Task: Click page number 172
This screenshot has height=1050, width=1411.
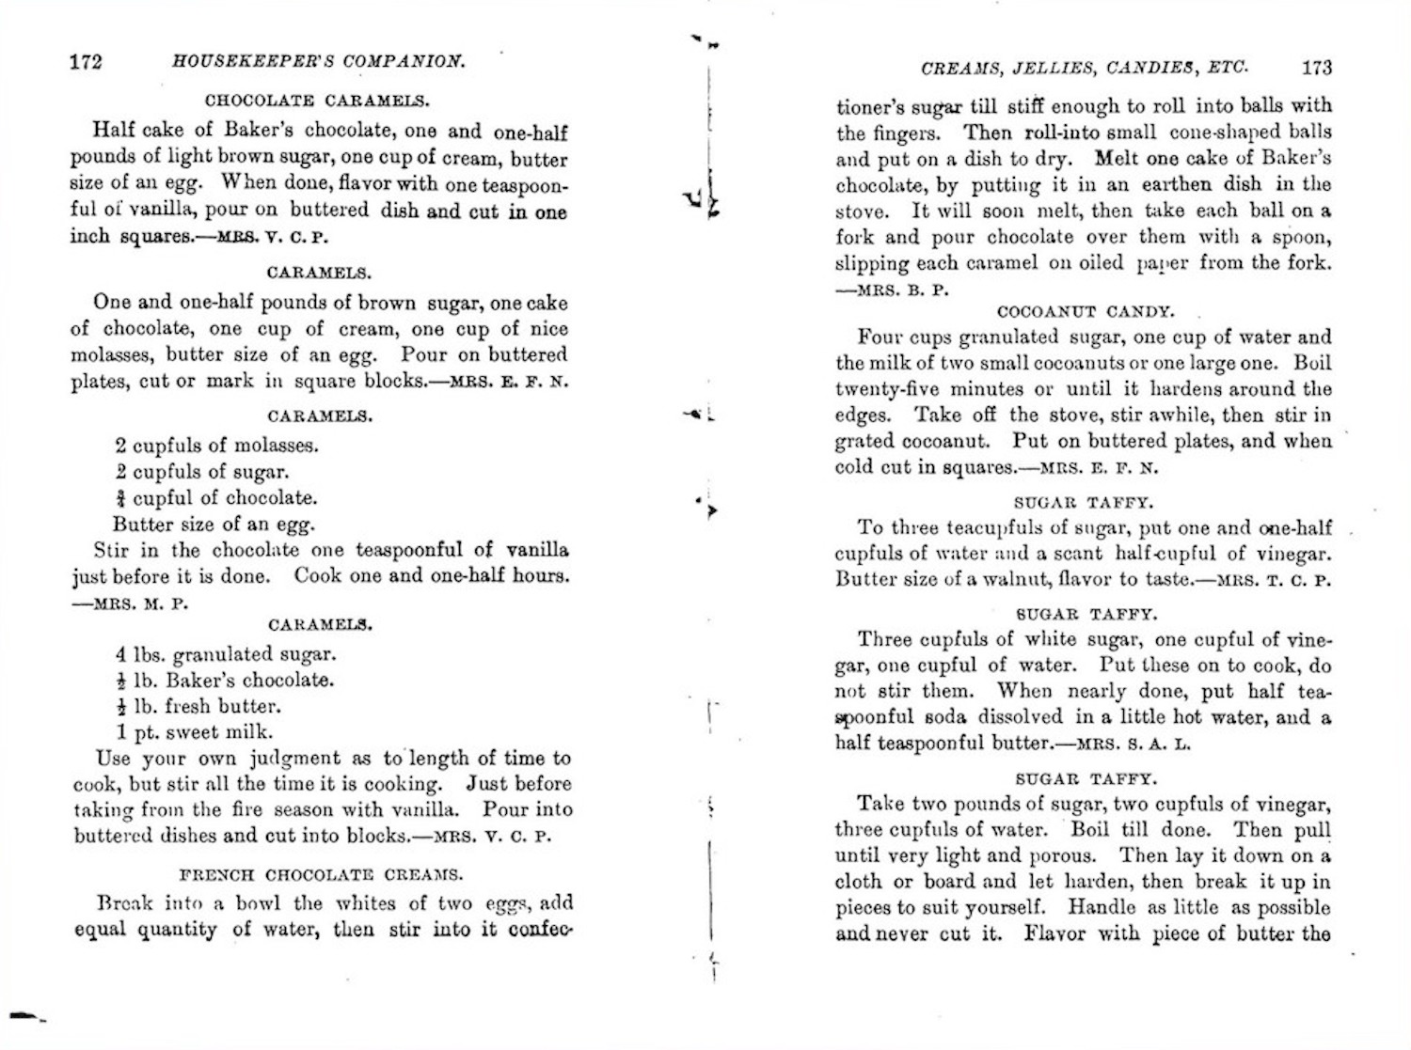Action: pos(86,62)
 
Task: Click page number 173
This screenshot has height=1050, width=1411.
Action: pos(1316,67)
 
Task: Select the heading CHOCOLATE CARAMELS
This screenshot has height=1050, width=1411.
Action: pos(317,101)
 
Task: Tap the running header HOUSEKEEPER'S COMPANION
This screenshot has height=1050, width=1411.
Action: pos(319,62)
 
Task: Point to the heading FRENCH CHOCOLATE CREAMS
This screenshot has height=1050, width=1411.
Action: pos(321,874)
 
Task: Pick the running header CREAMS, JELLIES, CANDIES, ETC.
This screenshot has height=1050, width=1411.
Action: pos(1084,68)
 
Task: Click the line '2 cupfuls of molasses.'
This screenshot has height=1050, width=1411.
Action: pos(216,446)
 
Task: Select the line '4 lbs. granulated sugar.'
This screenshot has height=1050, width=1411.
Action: pos(225,654)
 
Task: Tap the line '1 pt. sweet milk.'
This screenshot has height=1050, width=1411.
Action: pos(195,732)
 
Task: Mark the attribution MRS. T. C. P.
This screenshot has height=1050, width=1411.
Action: pos(1274,580)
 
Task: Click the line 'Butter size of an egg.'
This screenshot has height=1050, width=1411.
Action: pos(214,525)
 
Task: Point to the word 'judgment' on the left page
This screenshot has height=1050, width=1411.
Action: pos(294,759)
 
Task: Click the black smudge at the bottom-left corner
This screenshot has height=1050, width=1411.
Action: pos(26,1015)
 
